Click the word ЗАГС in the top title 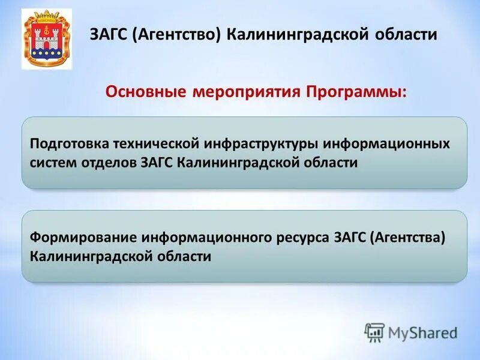coord(108,34)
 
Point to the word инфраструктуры coord(262,145)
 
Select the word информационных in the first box coord(387,145)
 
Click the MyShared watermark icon coord(374,332)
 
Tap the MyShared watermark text coord(422,332)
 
